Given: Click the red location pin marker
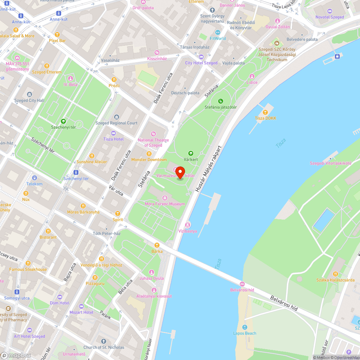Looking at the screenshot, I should point(180,172).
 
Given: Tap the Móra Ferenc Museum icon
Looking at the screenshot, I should point(165,198).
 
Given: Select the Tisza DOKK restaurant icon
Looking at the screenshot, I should point(266,112).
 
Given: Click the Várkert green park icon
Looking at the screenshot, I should point(191,153).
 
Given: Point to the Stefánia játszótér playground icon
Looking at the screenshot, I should point(221,101).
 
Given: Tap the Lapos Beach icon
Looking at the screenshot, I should point(245,327).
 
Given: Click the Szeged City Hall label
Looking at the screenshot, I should point(30,100).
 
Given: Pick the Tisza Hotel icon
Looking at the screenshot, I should point(113,133).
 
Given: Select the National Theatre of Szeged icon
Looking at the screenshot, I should point(153,134).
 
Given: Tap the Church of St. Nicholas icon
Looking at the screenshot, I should point(104,341).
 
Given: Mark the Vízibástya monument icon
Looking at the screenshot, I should point(188,225).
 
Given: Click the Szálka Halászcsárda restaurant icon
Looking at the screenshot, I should point(335,274).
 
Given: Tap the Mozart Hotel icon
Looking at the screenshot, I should point(81,306).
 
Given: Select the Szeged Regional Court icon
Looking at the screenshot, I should point(116,117).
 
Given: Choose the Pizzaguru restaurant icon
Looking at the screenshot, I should point(95,277).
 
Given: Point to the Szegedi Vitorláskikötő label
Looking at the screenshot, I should point(330,163).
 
